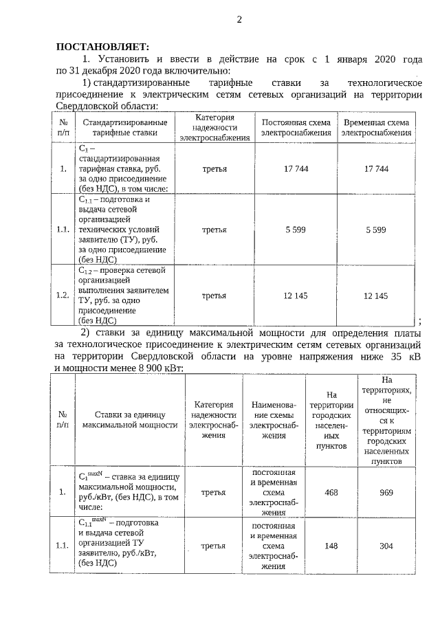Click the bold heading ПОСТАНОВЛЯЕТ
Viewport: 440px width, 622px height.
[x=101, y=47]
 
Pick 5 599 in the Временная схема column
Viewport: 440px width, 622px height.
[x=376, y=230]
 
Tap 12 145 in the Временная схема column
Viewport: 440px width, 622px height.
[x=376, y=296]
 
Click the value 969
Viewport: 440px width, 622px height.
[x=386, y=492]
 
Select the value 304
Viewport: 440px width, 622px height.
[x=386, y=546]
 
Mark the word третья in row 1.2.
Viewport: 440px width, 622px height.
[x=214, y=296]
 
